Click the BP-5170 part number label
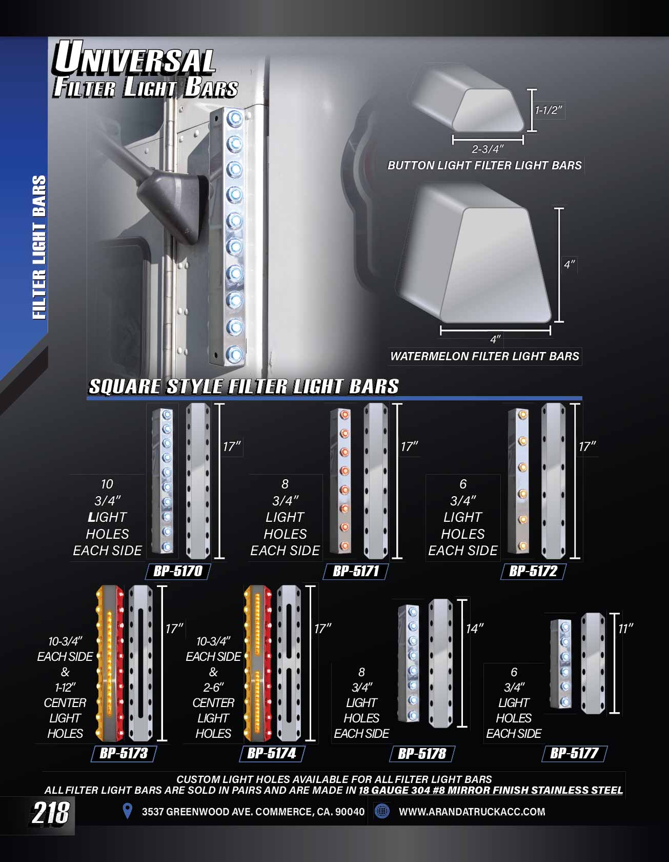coord(178,571)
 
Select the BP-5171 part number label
coord(356,571)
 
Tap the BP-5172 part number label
coord(533,571)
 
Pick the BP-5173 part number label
coord(124,753)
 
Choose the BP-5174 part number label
coord(272,753)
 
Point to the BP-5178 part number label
coord(422,753)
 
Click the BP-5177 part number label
coord(574,753)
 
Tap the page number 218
coord(51,813)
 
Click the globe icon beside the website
coord(382,811)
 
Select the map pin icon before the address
coord(128,811)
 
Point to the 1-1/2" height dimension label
coord(549,110)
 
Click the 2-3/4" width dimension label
coord(488,149)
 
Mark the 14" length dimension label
coord(475,629)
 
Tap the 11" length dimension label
coord(625,629)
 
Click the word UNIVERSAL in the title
coord(134,58)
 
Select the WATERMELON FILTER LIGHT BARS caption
coord(484,356)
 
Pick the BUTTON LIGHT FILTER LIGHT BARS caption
coord(484,165)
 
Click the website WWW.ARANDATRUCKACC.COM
coord(472,812)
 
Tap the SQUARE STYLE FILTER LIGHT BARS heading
coord(244,386)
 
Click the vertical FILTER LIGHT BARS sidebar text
coord(39,247)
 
